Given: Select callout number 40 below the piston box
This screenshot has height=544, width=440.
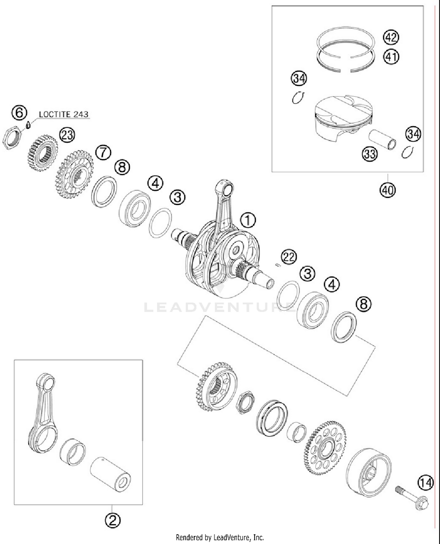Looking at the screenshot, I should click(x=387, y=191).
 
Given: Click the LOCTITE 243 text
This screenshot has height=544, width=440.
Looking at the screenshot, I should click(x=63, y=114).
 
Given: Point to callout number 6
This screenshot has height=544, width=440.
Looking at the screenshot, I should click(x=19, y=113).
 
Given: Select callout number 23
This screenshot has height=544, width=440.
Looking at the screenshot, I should click(x=67, y=135).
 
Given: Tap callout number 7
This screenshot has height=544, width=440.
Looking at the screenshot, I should click(x=103, y=153).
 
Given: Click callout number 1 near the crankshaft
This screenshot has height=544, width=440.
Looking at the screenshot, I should click(x=248, y=220).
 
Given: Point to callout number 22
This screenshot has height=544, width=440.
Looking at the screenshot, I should click(x=289, y=257).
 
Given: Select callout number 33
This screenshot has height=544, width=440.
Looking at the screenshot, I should click(x=370, y=154).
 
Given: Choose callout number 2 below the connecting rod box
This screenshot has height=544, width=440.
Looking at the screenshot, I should click(x=113, y=521).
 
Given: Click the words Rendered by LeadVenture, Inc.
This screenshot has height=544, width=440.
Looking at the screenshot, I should click(x=220, y=537).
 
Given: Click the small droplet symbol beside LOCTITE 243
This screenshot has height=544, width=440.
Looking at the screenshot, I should click(x=28, y=125).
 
